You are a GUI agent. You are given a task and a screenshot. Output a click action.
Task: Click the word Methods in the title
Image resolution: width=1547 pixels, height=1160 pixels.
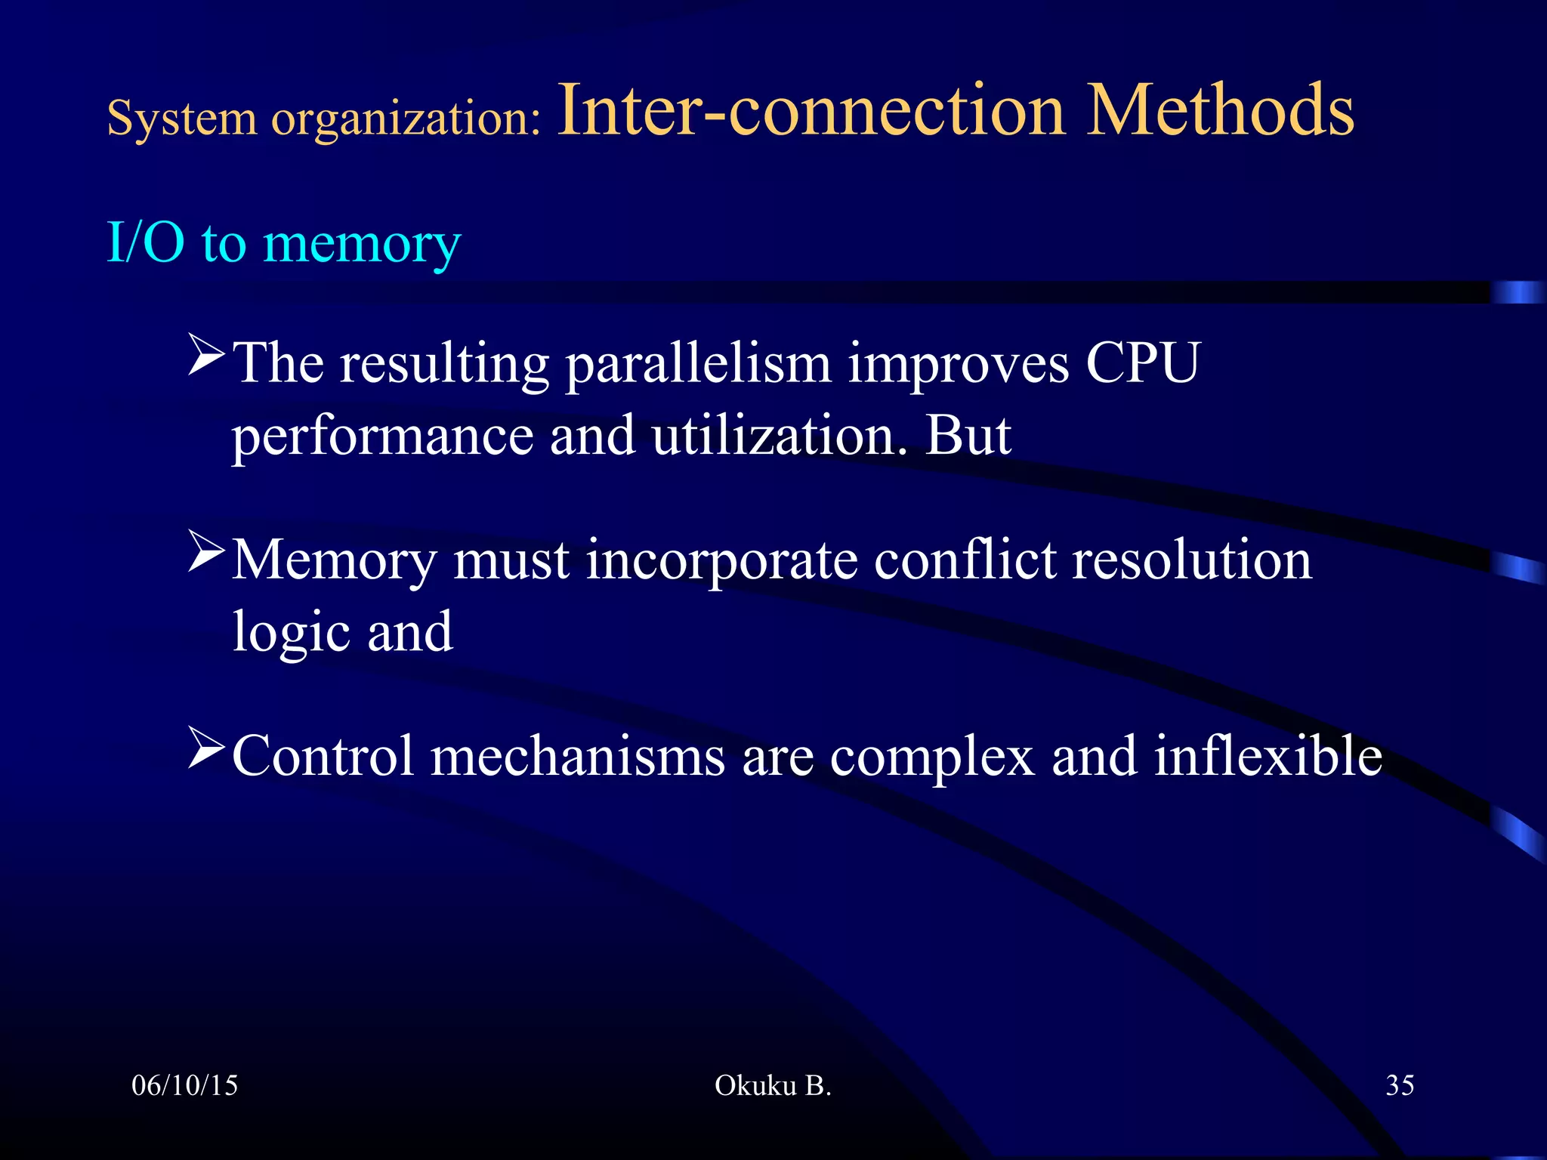click(1220, 112)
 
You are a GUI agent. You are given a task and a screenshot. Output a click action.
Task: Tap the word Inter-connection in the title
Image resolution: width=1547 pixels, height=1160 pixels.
click(811, 112)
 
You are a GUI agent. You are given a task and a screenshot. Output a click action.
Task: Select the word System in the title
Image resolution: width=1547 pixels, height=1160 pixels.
click(182, 119)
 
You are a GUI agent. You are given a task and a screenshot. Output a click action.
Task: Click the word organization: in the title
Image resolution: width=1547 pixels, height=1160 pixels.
click(406, 119)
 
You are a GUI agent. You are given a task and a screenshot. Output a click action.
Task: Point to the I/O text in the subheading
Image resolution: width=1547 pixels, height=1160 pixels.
click(146, 243)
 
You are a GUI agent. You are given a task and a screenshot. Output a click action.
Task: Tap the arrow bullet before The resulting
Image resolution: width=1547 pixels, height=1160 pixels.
click(206, 356)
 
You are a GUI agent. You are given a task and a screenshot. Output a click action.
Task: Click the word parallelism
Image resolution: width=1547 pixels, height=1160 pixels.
click(699, 365)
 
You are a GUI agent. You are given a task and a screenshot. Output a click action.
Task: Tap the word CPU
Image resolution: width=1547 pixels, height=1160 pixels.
click(1142, 363)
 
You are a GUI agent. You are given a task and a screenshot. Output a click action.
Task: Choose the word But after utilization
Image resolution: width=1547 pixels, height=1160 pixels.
click(968, 436)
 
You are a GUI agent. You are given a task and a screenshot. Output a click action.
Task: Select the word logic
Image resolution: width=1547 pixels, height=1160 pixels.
click(291, 634)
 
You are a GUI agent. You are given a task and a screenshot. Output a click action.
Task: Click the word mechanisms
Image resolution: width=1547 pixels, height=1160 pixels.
click(578, 756)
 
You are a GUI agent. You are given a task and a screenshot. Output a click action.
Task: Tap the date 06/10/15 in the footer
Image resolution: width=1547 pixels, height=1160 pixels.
click(185, 1085)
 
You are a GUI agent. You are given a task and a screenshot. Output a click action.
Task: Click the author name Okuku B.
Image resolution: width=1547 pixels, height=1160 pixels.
click(773, 1085)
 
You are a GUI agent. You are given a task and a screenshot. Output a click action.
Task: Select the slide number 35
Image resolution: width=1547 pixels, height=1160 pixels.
click(1400, 1085)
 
